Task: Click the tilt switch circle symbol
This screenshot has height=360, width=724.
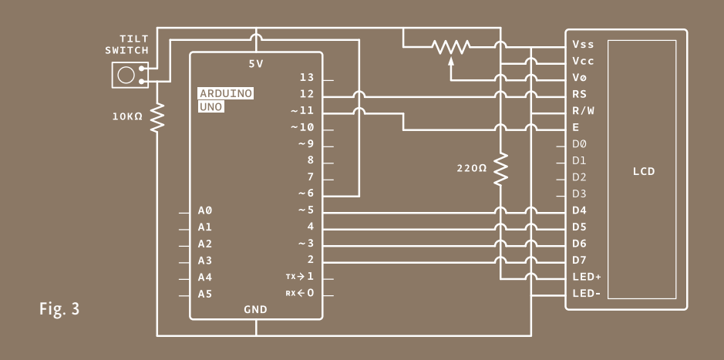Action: click(126, 75)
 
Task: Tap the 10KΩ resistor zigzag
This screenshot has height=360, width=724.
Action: click(157, 117)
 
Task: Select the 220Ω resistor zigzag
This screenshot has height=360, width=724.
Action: click(500, 169)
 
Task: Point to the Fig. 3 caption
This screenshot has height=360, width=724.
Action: click(59, 308)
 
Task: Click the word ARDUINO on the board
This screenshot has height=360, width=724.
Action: click(226, 93)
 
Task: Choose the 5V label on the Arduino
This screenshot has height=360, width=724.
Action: click(256, 64)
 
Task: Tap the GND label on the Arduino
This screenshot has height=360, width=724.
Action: click(255, 309)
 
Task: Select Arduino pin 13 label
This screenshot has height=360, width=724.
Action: click(307, 78)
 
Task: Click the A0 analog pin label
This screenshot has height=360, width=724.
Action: click(205, 210)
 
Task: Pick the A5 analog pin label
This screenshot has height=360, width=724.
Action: click(205, 294)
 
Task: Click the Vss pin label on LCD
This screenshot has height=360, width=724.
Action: click(583, 44)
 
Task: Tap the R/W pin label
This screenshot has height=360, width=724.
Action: click(583, 111)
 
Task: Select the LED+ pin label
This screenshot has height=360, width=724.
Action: click(587, 277)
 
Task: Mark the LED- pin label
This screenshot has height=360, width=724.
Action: click(587, 294)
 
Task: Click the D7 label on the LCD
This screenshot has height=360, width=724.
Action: click(580, 261)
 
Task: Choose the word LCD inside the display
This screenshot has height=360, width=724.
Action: click(644, 171)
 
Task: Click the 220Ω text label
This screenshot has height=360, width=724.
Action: click(471, 169)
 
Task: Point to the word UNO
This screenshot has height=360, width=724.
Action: click(211, 107)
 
